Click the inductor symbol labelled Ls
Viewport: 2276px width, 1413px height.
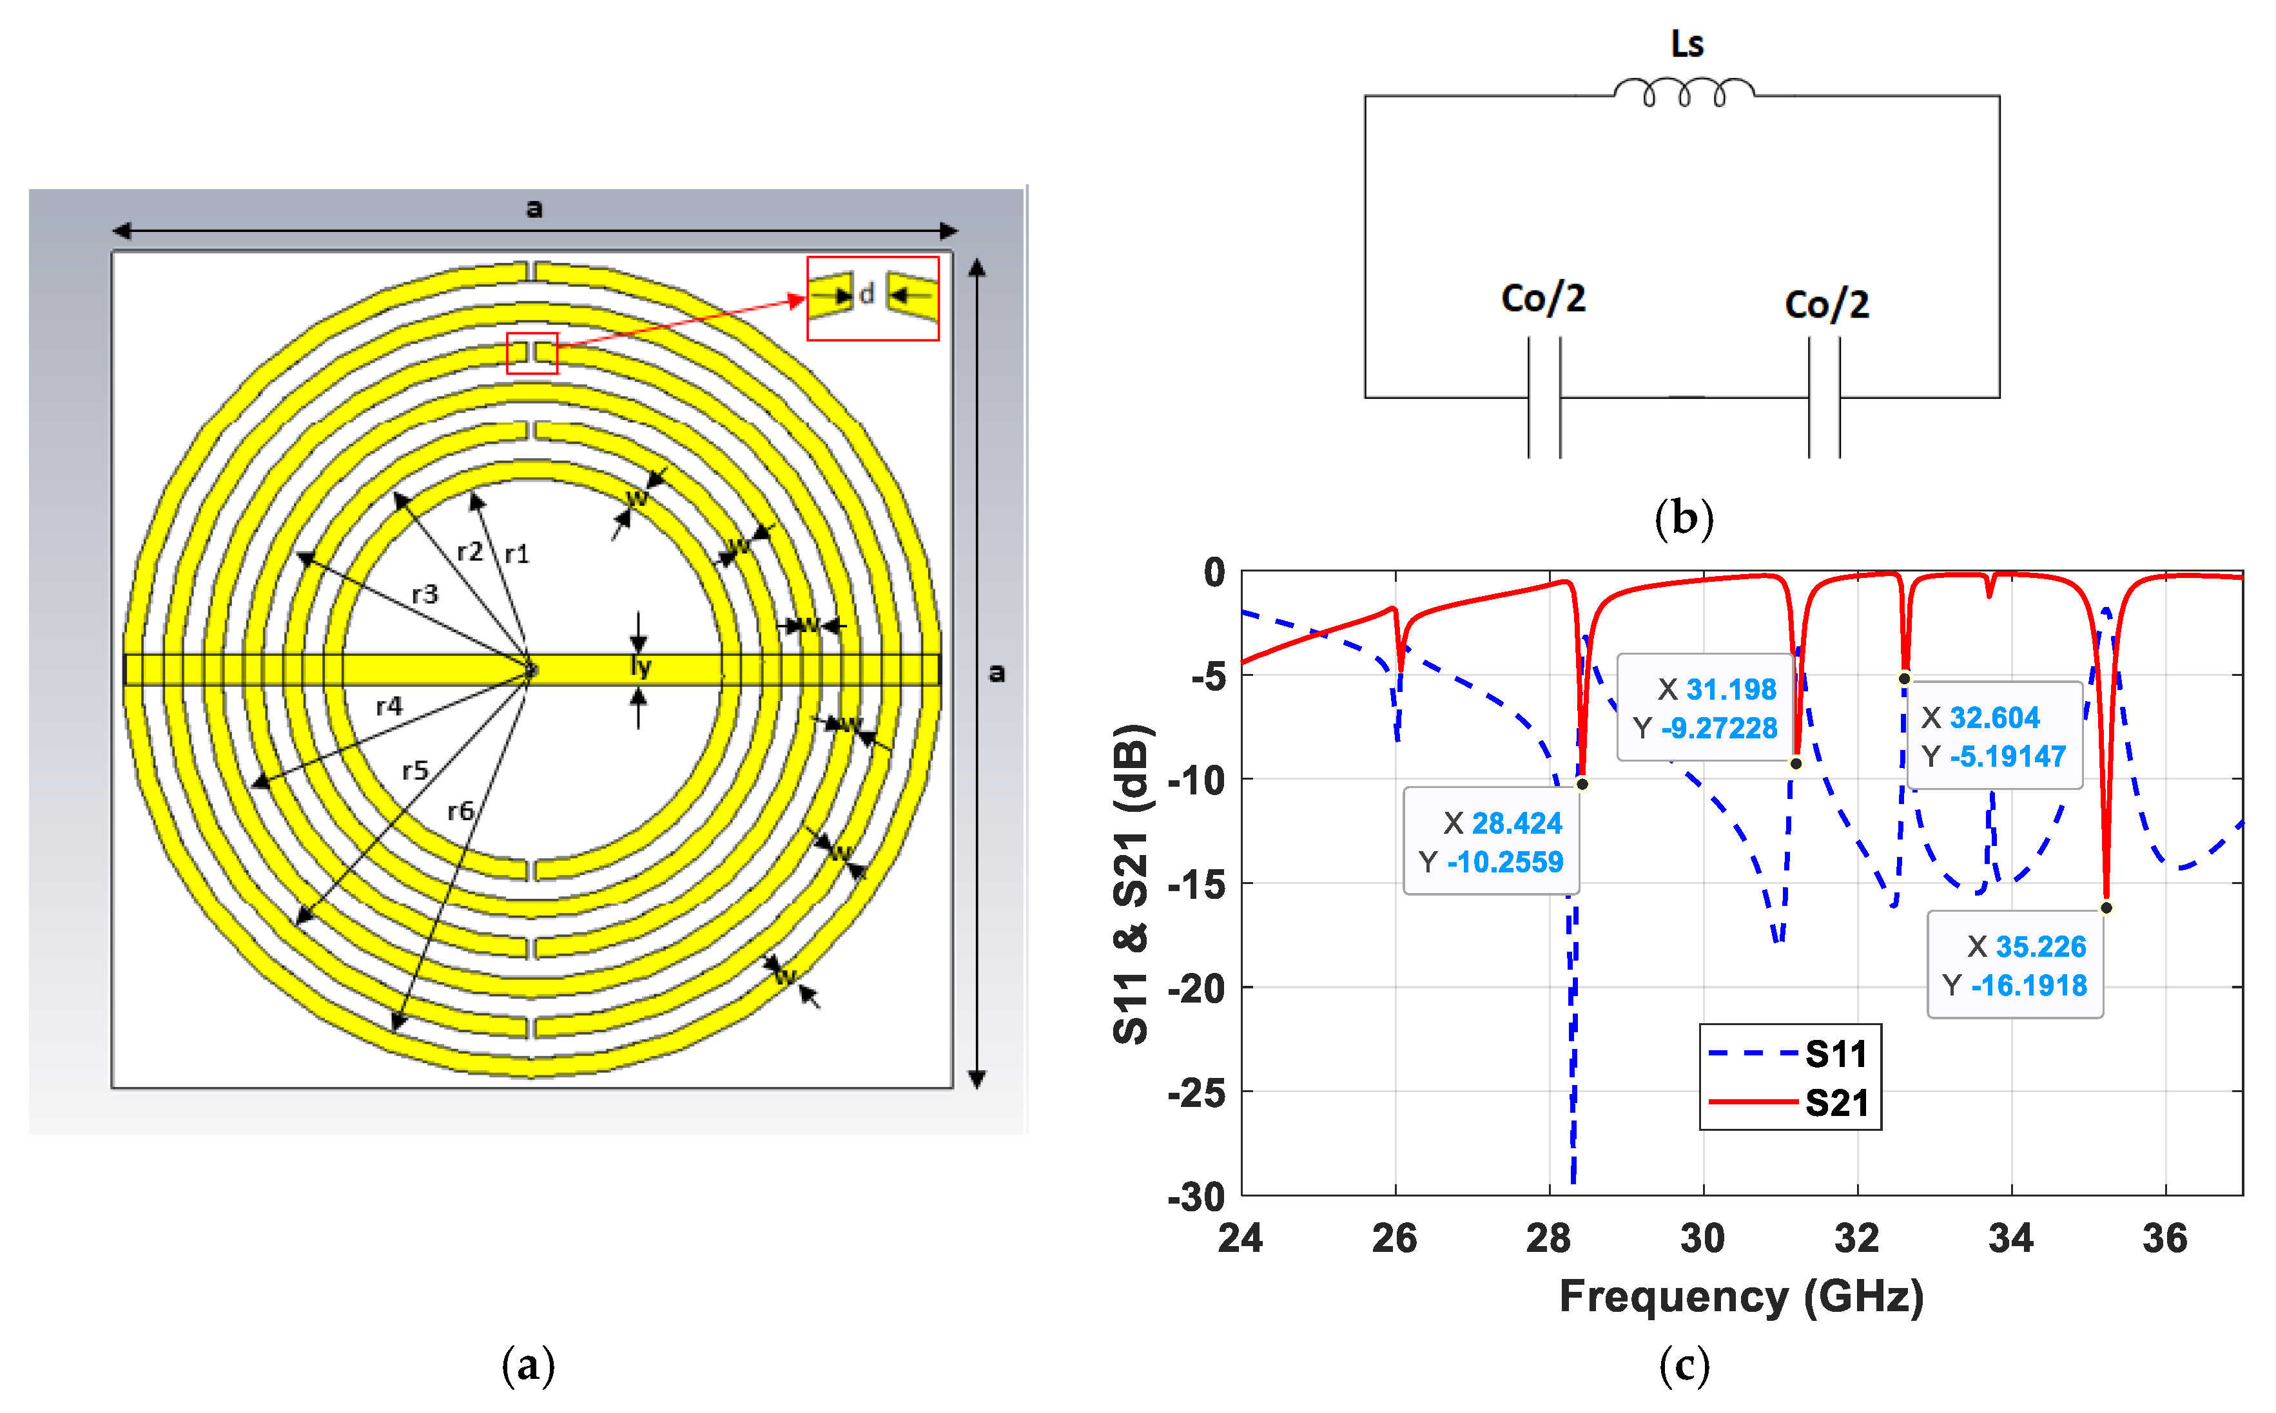pos(1684,91)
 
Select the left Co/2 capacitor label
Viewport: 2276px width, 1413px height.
pos(1543,298)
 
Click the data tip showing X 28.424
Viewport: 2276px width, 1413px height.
pos(1491,841)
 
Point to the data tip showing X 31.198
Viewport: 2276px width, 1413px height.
pos(1705,707)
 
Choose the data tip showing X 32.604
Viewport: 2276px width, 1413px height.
pos(1993,735)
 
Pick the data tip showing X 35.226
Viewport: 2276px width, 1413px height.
pos(2014,965)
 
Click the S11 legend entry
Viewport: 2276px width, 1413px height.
pos(1788,1053)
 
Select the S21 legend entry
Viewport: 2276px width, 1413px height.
pos(1788,1102)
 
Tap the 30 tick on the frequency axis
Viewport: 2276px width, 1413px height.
pos(1702,1238)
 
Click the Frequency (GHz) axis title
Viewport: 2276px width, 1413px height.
pos(1740,1296)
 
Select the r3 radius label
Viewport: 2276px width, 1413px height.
pos(424,593)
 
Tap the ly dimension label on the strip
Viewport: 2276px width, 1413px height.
pos(640,666)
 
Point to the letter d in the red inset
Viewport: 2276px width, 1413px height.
pos(866,294)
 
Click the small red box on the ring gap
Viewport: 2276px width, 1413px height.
pos(532,353)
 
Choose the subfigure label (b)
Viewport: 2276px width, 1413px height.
pos(1684,517)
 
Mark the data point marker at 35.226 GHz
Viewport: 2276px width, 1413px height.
pos(2106,907)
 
